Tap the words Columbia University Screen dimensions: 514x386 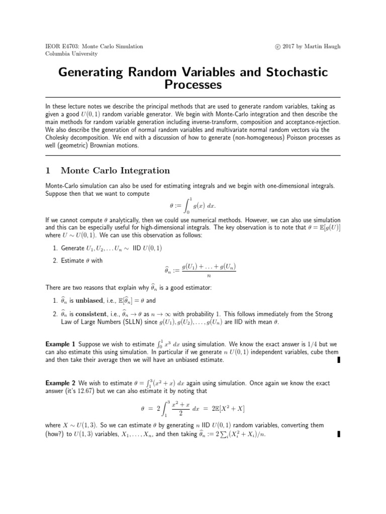71,54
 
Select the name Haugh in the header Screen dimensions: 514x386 331,46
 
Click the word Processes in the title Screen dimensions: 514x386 193,85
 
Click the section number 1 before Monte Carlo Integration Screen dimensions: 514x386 48,171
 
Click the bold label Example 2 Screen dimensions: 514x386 60,383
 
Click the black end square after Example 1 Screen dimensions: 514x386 339,359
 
